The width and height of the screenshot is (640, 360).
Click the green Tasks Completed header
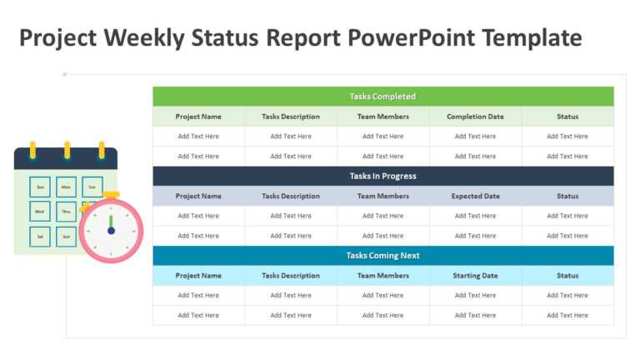[x=382, y=97]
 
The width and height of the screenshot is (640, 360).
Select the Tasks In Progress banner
[x=382, y=176]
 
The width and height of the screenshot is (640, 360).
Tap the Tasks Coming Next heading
[x=382, y=256]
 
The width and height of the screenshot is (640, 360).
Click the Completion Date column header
[x=475, y=117]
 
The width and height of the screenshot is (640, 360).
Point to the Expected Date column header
[x=475, y=196]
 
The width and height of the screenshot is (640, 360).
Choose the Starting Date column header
[x=475, y=276]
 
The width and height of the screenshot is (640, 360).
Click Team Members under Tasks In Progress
[x=382, y=196]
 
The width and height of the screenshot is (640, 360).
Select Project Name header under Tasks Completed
[x=198, y=117]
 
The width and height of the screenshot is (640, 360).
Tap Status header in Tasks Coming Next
[x=567, y=276]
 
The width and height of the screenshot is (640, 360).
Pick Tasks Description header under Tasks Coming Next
[x=291, y=276]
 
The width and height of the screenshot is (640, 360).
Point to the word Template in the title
[x=532, y=37]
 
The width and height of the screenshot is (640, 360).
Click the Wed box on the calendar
[x=40, y=212]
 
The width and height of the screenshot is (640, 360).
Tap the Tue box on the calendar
[x=92, y=187]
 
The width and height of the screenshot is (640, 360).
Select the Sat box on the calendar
[x=40, y=237]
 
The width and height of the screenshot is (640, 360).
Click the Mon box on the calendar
[x=66, y=187]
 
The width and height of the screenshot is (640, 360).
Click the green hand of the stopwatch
[x=111, y=220]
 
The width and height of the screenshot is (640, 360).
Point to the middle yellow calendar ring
[x=67, y=150]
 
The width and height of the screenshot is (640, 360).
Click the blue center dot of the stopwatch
[x=111, y=230]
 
